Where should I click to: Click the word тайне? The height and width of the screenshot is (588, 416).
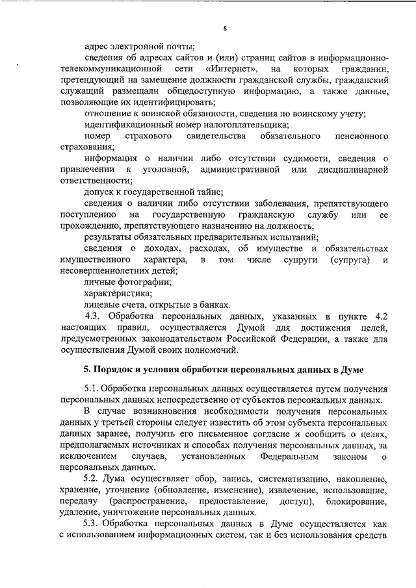(x=210, y=192)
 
